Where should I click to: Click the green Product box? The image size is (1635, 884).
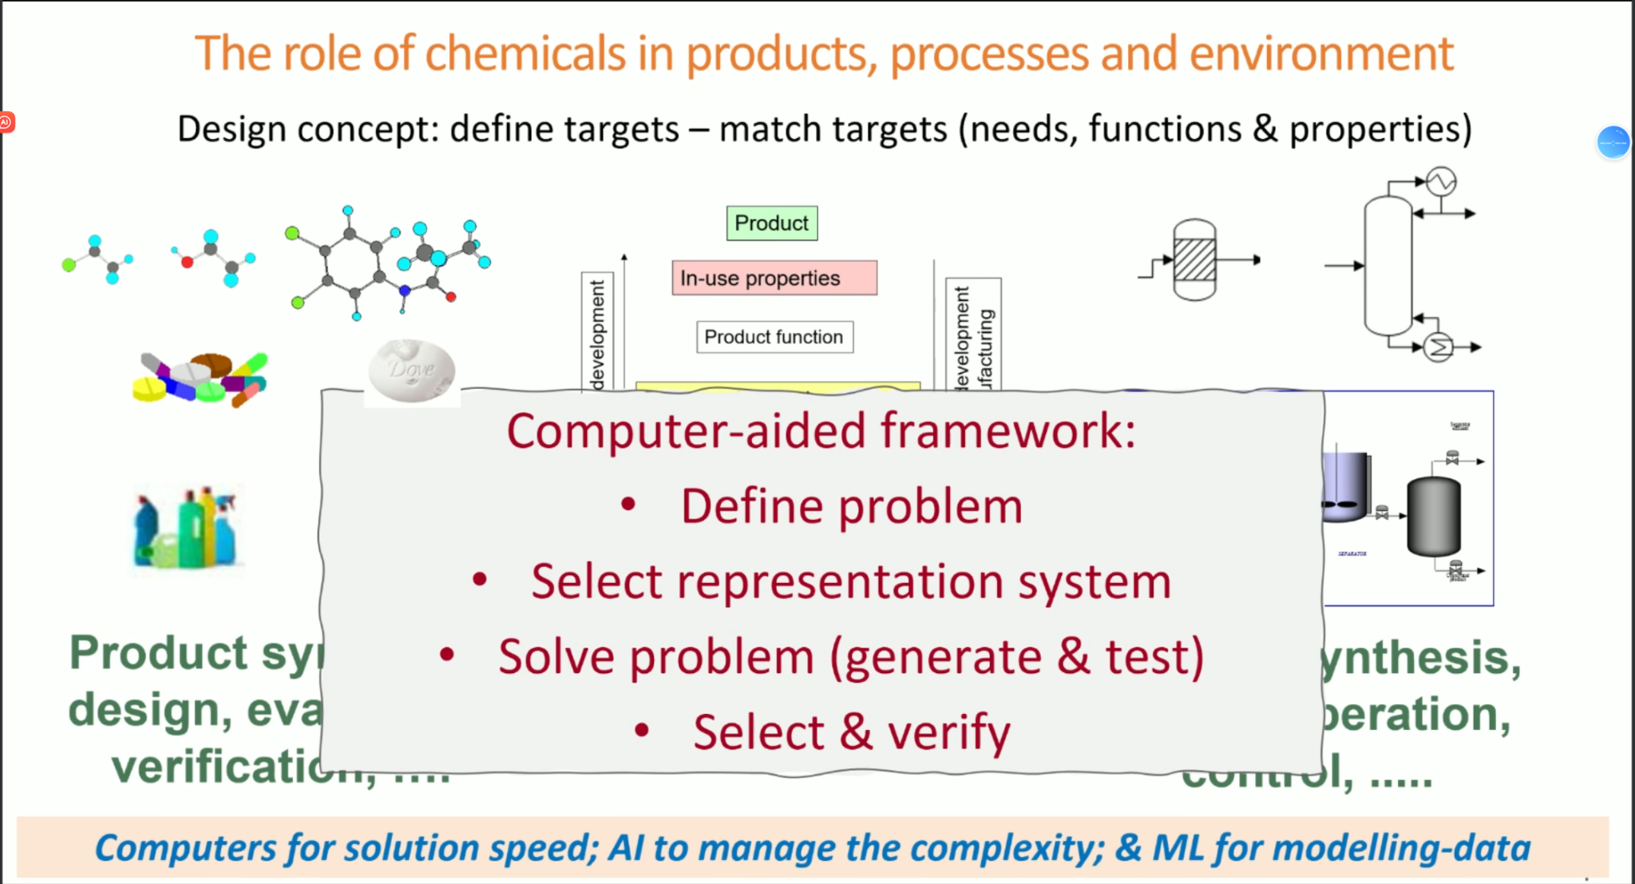click(771, 223)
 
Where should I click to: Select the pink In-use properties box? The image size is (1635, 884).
click(774, 278)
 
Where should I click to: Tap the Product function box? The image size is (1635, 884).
click(774, 337)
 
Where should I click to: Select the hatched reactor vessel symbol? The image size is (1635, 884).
click(1194, 260)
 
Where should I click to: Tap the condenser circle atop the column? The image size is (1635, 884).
click(1441, 181)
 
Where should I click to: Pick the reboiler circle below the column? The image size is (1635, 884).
click(1439, 347)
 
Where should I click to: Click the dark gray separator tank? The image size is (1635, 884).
click(1433, 516)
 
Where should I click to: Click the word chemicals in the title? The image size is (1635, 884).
click(525, 54)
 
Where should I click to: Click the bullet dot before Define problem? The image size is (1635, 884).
click(628, 504)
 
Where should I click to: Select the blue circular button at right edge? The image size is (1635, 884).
click(1613, 143)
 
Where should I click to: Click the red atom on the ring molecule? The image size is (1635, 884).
click(451, 297)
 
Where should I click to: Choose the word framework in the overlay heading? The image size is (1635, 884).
click(1008, 431)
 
